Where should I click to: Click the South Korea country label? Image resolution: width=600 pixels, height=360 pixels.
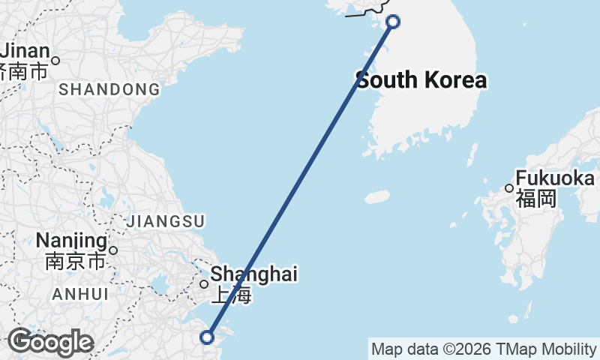tap(421, 80)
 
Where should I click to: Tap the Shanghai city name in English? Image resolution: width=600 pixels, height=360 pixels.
tap(253, 274)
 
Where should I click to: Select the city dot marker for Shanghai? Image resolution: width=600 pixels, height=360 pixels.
tap(204, 284)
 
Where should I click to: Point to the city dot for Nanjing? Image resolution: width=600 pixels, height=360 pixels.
tap(113, 250)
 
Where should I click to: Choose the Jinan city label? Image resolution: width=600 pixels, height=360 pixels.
tap(25, 52)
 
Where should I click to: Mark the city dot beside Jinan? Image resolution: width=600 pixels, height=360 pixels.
tap(55, 60)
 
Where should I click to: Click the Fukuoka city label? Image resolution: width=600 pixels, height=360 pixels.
tap(555, 179)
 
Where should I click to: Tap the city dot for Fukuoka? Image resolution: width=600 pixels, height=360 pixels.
tap(509, 188)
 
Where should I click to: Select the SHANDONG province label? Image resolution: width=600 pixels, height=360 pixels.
tap(109, 90)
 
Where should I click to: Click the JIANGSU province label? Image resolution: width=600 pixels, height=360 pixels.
tap(166, 221)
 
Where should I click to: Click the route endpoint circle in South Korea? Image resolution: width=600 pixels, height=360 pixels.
tap(392, 22)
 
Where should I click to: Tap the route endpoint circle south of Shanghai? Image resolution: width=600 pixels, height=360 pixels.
tap(208, 338)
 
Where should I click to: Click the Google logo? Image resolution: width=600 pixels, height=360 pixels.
tap(50, 342)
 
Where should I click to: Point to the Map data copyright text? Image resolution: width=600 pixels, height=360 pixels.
tap(484, 349)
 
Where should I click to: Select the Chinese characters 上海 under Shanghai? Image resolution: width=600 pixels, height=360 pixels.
tap(230, 294)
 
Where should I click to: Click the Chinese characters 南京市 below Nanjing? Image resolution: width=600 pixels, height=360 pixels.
tap(76, 262)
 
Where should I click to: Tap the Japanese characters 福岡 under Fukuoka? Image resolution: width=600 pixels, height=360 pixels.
tap(535, 199)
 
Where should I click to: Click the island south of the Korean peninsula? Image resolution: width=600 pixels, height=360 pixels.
tap(377, 196)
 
